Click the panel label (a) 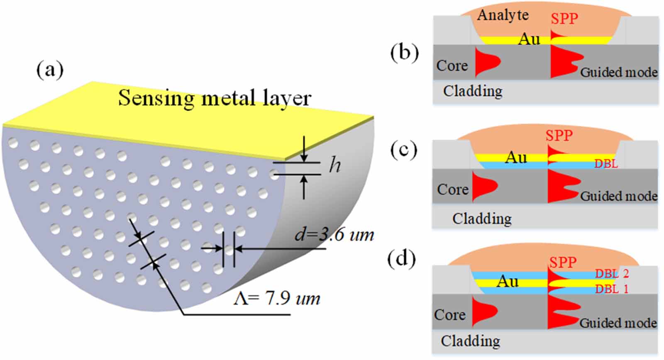(50, 69)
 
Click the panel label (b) (404, 53)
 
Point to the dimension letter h (335, 165)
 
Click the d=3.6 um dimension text (334, 235)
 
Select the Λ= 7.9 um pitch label (276, 298)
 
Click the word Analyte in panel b (503, 15)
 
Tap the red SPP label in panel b (564, 19)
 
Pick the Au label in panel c (516, 158)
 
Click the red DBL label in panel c (606, 164)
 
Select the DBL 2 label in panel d (612, 274)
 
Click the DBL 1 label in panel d (612, 289)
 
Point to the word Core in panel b (452, 66)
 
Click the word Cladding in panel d (470, 341)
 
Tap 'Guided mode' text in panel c (618, 196)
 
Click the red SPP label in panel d (563, 263)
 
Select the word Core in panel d (449, 315)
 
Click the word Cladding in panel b (473, 91)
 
